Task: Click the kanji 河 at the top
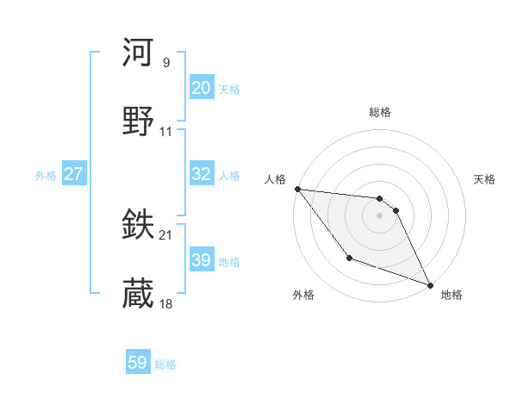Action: [x=139, y=53]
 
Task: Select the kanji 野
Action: [x=139, y=121]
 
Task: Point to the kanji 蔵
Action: [x=139, y=294]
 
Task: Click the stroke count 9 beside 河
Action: [x=165, y=63]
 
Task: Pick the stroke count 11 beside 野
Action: [x=166, y=132]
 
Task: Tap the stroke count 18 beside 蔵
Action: [x=166, y=304]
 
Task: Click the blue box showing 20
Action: [x=201, y=88]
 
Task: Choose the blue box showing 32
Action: [x=201, y=174]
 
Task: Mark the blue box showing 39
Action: [x=201, y=260]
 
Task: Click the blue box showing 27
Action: [x=73, y=174]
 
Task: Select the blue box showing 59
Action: [x=138, y=364]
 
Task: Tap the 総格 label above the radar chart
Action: [x=380, y=112]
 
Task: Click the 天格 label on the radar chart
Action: [x=484, y=179]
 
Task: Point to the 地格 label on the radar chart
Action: [x=452, y=295]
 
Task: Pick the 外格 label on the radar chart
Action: [x=303, y=295]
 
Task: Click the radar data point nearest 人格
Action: [x=297, y=189]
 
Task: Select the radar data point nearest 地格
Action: [x=430, y=284]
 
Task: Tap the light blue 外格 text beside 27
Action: [x=46, y=175]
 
